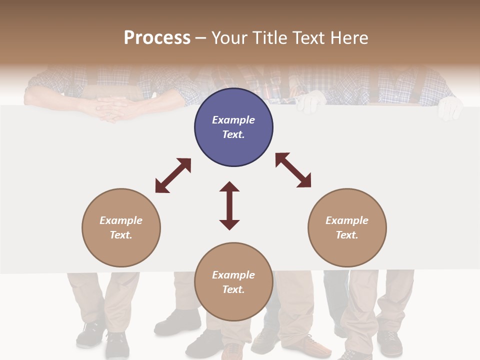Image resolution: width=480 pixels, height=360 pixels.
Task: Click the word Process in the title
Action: pos(157,38)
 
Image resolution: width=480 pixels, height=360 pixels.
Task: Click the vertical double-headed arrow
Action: pos(229,205)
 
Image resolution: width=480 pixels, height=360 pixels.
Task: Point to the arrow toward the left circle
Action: pos(173,175)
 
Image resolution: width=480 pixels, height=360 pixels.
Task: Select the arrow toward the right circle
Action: pos(293,170)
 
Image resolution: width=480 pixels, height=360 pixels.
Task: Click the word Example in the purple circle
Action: pos(233,120)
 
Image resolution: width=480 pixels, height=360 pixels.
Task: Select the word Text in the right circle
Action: pos(347,235)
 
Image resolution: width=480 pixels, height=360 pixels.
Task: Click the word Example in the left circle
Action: pos(121,220)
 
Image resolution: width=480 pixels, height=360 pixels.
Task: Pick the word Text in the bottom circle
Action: pos(233,289)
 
